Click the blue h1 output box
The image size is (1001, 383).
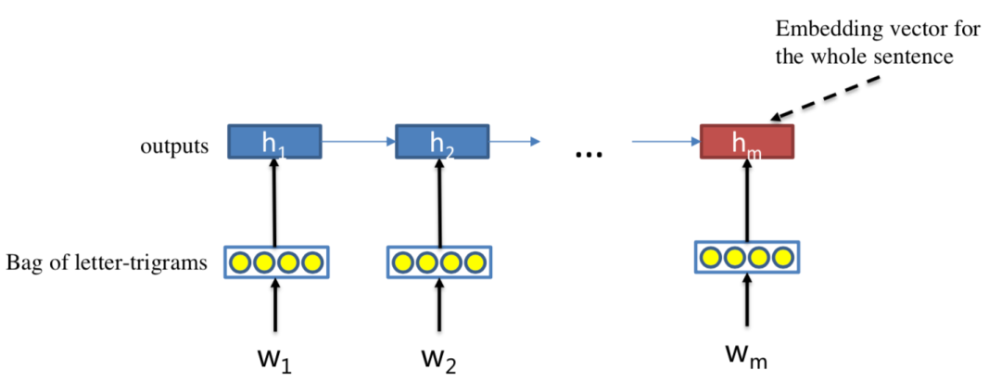(274, 142)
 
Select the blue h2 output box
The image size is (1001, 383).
(442, 142)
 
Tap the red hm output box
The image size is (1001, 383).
(747, 142)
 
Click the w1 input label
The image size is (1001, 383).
(274, 356)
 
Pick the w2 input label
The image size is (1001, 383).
(442, 356)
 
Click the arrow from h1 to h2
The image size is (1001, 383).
(358, 142)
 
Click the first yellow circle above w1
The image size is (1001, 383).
(241, 263)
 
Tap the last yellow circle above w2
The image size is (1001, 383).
(475, 263)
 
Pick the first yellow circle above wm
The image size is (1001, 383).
(712, 257)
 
